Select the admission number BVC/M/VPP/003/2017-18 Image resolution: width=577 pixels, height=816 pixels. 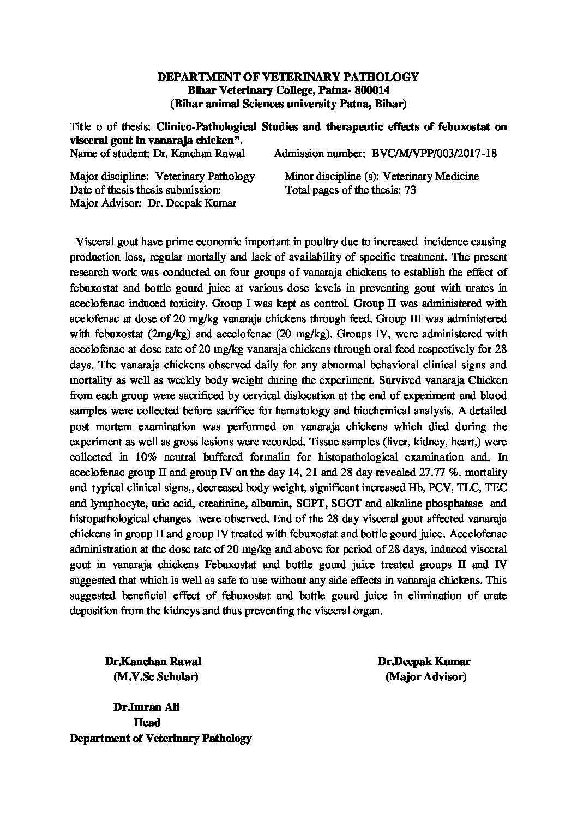click(434, 153)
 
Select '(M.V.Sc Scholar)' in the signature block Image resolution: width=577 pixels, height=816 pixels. click(155, 677)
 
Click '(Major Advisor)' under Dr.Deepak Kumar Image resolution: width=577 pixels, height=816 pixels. click(426, 677)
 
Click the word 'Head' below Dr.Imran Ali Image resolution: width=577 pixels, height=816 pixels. click(147, 723)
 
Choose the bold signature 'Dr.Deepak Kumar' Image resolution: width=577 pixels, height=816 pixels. click(423, 662)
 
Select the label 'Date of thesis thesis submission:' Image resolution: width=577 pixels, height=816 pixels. click(146, 191)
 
